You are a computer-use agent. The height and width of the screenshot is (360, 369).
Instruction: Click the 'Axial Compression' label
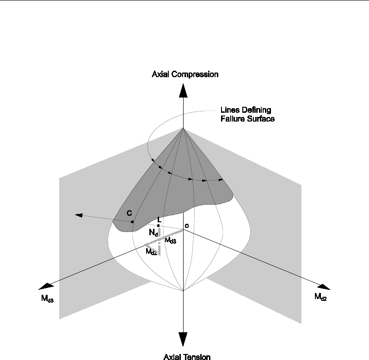185,74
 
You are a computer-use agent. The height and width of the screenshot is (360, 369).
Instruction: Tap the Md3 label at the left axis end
47,299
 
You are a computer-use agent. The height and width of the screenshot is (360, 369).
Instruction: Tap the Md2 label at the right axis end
320,297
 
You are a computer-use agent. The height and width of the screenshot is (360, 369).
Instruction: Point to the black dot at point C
132,222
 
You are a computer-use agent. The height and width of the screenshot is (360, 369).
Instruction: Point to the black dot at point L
158,226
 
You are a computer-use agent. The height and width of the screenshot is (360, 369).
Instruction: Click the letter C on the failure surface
129,213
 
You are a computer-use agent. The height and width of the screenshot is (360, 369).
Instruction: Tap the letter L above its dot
159,219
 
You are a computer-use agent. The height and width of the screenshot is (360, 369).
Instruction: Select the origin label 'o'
186,226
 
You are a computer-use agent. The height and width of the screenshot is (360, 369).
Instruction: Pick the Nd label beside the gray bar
153,234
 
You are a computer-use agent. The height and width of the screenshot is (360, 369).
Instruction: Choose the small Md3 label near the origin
170,241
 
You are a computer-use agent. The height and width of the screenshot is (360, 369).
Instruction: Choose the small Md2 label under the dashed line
151,252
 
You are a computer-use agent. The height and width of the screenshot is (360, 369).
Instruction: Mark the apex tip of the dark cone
184,128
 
